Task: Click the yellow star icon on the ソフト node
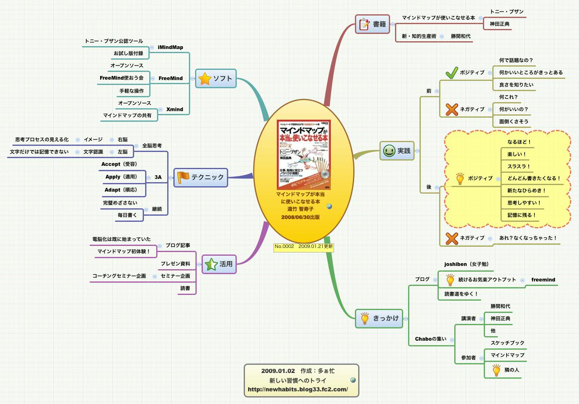click(204, 78)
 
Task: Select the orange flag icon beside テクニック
click(183, 177)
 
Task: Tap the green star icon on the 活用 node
click(211, 264)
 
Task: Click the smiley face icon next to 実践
click(389, 151)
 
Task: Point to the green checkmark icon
click(451, 73)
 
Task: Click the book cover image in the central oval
click(303, 154)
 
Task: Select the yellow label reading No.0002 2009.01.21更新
click(303, 247)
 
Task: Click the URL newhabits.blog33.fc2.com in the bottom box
click(298, 389)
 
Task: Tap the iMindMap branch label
click(171, 47)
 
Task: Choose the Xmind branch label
click(175, 109)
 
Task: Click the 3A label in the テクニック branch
click(158, 177)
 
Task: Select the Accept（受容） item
click(119, 164)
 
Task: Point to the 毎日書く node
click(127, 215)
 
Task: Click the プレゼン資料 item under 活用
click(175, 264)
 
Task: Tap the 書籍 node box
click(372, 24)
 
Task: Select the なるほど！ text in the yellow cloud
click(519, 142)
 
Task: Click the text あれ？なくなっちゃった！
click(528, 238)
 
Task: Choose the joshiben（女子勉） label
click(467, 264)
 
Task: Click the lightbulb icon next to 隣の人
click(496, 370)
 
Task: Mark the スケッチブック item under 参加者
click(507, 343)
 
